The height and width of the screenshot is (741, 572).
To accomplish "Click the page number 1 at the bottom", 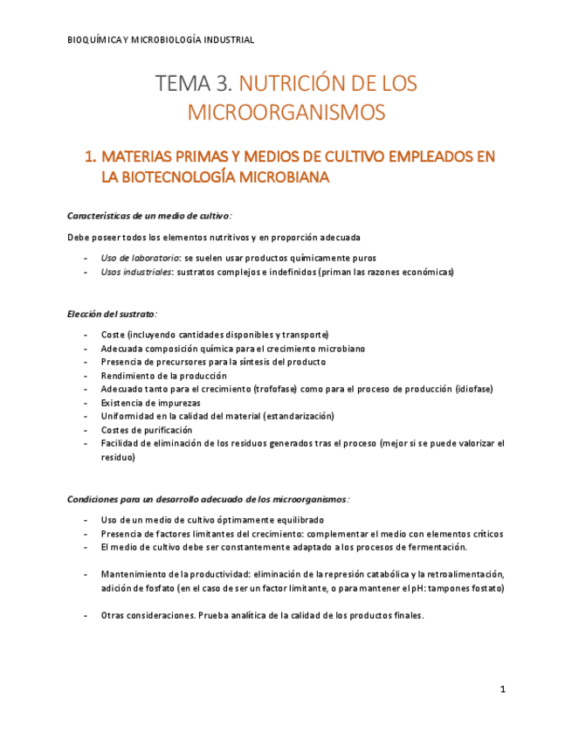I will (x=503, y=689).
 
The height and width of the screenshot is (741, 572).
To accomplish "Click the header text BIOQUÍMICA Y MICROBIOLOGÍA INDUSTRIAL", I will (x=161, y=39).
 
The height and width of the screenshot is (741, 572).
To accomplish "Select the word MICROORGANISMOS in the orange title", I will (x=286, y=113).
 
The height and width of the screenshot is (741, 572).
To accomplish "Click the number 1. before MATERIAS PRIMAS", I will (x=89, y=157).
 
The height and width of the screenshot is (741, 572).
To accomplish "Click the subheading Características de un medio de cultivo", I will (x=148, y=215).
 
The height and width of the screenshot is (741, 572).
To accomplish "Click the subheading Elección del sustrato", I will (x=112, y=313).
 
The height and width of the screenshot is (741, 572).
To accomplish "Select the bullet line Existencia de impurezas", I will (x=150, y=403).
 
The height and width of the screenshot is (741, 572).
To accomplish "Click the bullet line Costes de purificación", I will (x=146, y=430).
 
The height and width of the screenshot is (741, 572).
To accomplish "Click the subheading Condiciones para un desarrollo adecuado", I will (x=208, y=499).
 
